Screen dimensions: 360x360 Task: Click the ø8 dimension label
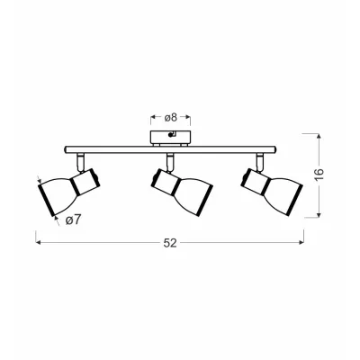(x=170, y=118)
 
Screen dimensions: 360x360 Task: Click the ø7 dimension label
(x=74, y=220)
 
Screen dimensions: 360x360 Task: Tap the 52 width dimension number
(x=170, y=243)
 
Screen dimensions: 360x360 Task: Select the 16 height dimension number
(x=319, y=175)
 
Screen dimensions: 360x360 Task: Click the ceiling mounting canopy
(x=170, y=138)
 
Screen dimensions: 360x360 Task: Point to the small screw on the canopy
(x=171, y=135)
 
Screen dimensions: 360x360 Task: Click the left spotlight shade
(x=57, y=194)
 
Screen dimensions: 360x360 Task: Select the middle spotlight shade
(x=193, y=197)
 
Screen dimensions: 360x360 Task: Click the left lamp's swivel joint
(x=80, y=162)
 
